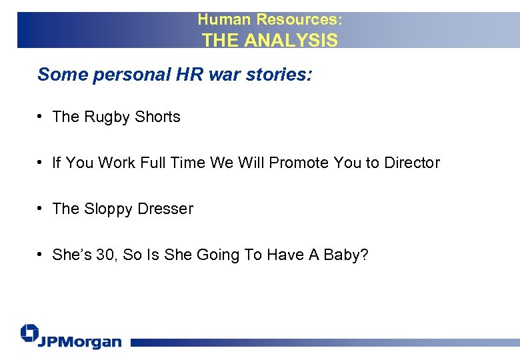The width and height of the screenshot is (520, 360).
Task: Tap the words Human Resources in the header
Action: pos(269,19)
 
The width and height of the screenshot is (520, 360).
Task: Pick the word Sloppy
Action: pos(109,209)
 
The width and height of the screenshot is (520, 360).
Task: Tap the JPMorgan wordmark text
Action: pos(80,342)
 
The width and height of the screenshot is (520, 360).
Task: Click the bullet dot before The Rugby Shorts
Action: pos(41,117)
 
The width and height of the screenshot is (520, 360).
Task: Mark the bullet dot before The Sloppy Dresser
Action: pos(41,209)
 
